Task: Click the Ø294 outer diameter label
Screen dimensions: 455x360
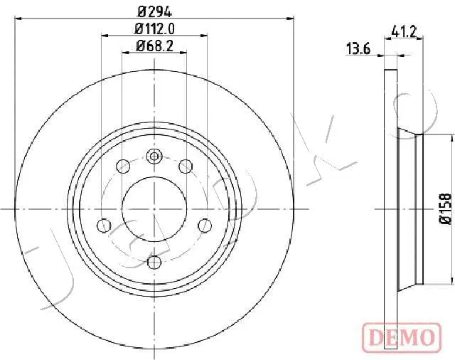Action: [155, 11]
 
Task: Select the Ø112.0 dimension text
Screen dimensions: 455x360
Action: [155, 28]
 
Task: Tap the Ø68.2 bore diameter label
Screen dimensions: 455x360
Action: [155, 46]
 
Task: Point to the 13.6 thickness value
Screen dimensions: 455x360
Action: [358, 49]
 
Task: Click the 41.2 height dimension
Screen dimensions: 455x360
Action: [404, 31]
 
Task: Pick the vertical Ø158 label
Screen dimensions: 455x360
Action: [445, 208]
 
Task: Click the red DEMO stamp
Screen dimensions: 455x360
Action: [402, 336]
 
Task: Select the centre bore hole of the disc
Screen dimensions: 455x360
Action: [154, 208]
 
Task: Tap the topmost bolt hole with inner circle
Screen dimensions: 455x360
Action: [154, 157]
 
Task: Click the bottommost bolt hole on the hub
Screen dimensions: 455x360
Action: [154, 263]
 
